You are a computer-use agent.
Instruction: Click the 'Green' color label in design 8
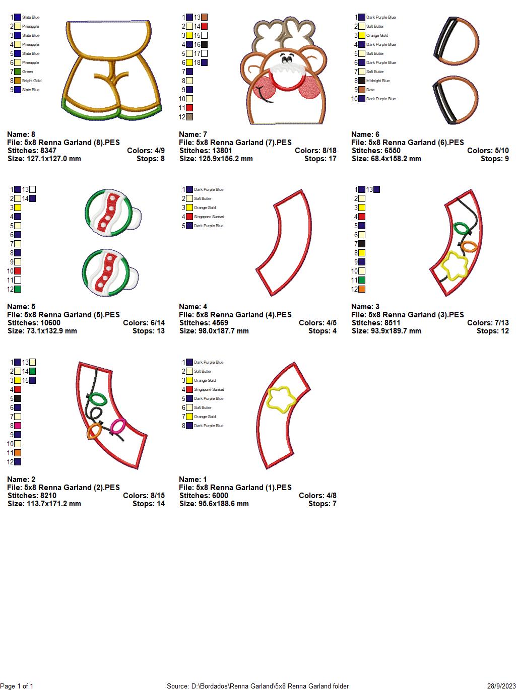tap(27, 72)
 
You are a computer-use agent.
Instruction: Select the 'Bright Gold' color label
tap(32, 81)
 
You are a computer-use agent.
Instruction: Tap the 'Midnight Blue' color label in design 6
tap(378, 81)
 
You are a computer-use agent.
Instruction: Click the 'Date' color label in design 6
tap(370, 90)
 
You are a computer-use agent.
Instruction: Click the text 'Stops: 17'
tap(320, 159)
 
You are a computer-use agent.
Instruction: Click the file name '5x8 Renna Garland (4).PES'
tap(244, 315)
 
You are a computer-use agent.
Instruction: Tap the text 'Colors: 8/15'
tap(144, 496)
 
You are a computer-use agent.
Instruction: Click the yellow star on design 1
tap(281, 399)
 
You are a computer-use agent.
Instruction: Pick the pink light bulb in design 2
tap(117, 426)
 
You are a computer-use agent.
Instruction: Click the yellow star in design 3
tap(454, 265)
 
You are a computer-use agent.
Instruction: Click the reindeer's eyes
tap(286, 58)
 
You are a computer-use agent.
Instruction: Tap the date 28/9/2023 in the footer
tap(501, 686)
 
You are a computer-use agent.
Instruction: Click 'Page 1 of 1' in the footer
tap(17, 686)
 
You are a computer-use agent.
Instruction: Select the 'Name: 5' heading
tap(21, 307)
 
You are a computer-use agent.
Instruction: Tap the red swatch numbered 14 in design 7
tap(204, 26)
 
